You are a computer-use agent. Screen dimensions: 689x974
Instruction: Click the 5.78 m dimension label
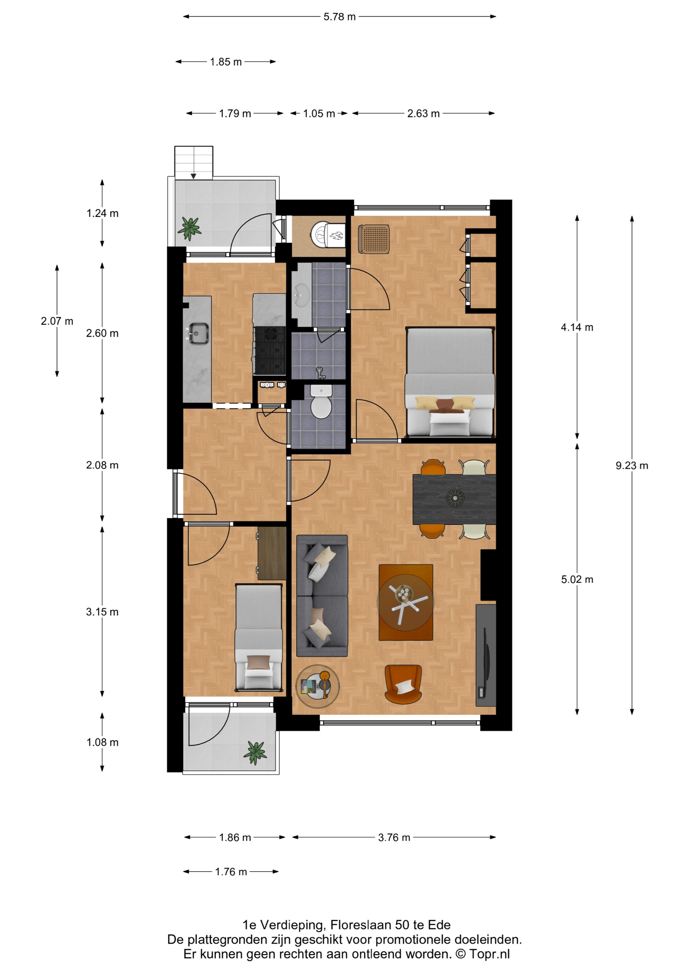339,16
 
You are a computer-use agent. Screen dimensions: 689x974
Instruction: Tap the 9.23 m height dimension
632,465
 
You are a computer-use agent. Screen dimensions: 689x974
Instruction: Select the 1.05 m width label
319,113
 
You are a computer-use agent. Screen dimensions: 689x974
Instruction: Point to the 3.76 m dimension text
394,837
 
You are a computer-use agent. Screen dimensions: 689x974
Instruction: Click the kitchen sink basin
198,333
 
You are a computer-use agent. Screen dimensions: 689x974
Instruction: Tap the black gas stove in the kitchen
270,350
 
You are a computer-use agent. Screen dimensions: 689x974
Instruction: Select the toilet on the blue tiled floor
321,401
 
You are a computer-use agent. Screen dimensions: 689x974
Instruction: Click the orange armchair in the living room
403,684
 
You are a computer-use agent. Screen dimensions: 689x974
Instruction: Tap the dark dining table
454,499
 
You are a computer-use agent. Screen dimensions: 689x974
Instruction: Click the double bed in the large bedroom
450,382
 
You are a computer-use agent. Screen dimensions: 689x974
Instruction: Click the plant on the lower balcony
255,753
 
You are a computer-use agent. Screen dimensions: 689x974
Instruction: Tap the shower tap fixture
321,373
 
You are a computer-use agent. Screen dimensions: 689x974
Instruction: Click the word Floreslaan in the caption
361,925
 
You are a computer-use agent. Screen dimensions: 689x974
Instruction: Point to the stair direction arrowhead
193,176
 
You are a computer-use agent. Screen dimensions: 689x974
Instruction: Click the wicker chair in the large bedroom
373,239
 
